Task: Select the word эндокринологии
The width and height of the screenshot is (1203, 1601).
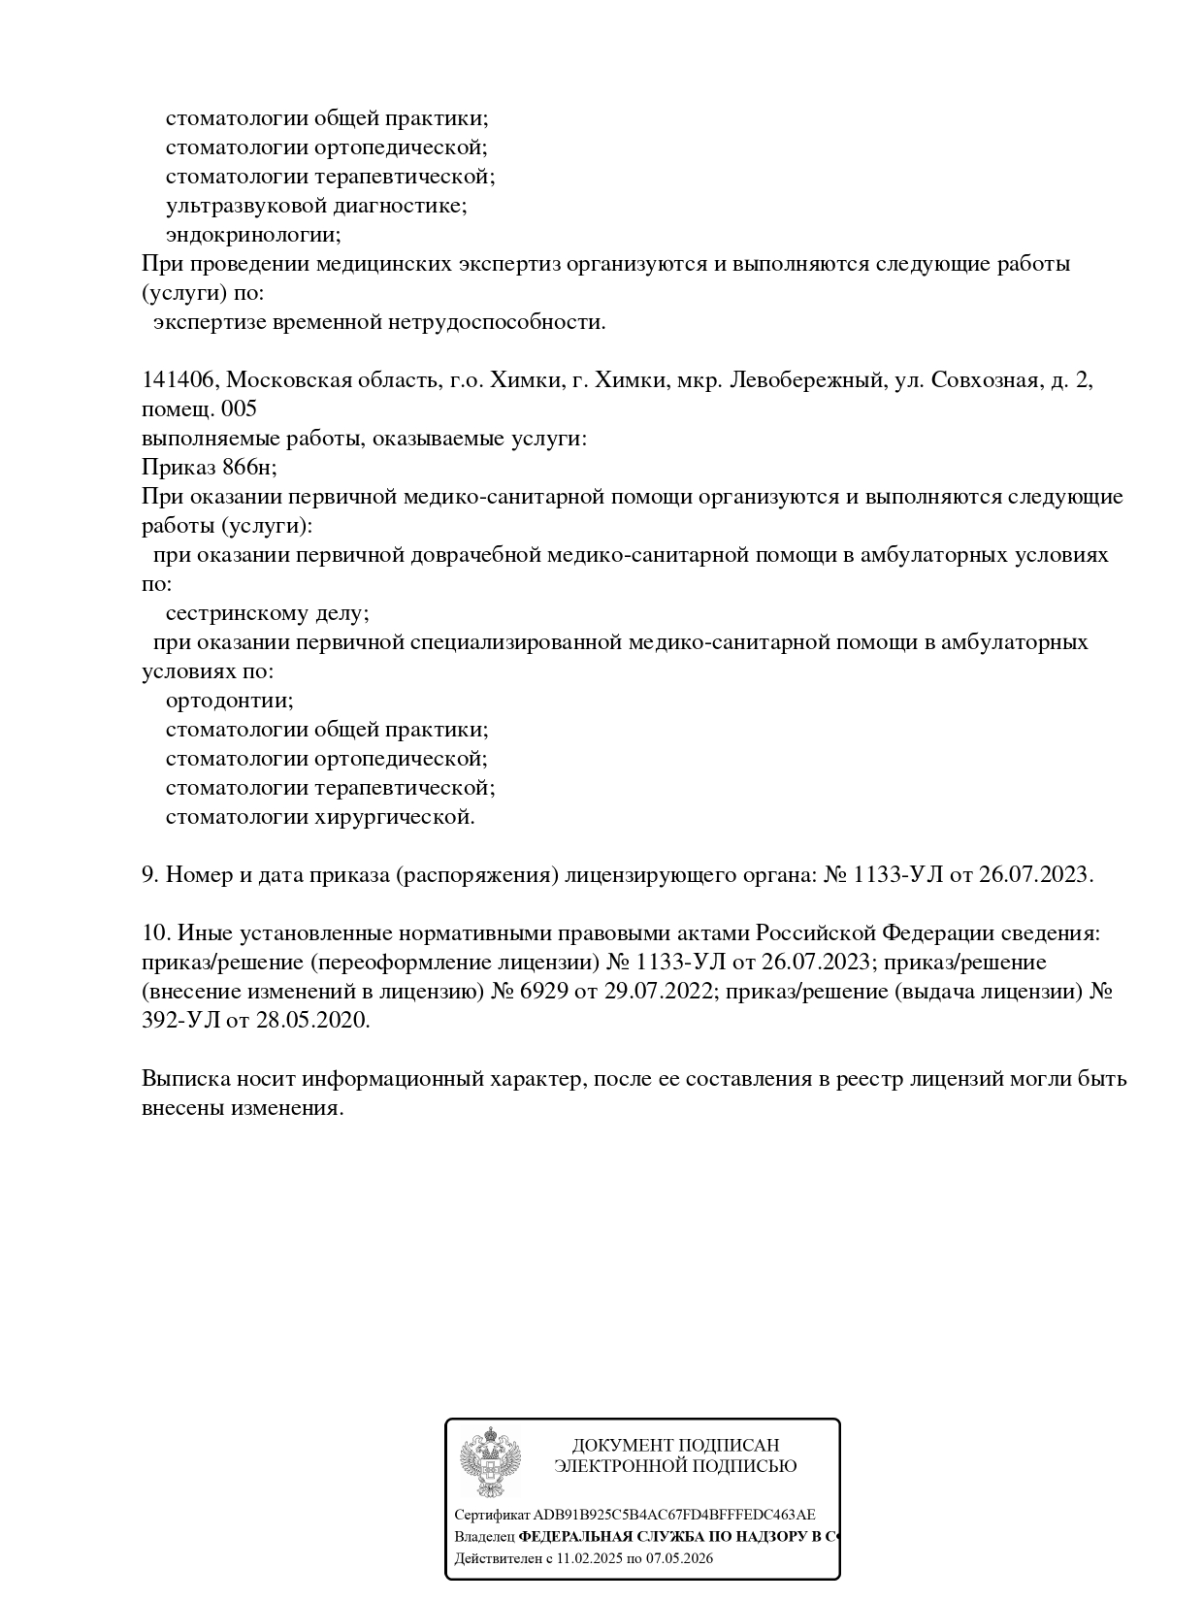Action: pyautogui.click(x=252, y=235)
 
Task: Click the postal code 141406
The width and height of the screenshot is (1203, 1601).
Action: pyautogui.click(x=179, y=380)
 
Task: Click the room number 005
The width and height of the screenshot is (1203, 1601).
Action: pyautogui.click(x=239, y=409)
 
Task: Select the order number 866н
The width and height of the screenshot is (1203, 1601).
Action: pyautogui.click(x=249, y=468)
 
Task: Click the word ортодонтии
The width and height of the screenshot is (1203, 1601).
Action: pyautogui.click(x=229, y=701)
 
